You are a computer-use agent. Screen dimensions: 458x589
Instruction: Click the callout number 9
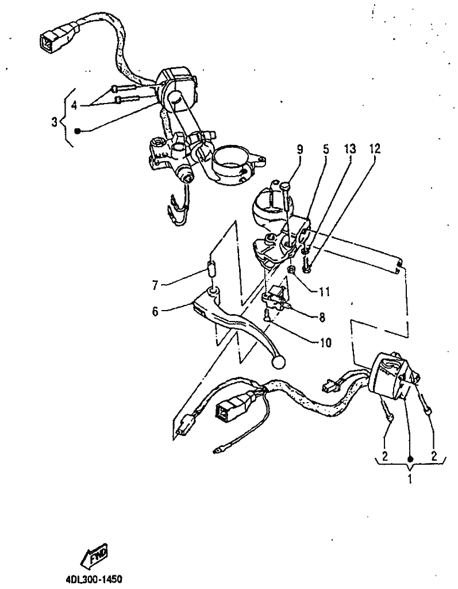(300, 150)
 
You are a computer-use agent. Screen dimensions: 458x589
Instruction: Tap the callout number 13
(350, 149)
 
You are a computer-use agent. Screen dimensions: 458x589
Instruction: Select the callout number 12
(375, 149)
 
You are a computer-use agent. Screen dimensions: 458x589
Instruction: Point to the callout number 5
(326, 149)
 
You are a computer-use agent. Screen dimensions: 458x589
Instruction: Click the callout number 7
(155, 285)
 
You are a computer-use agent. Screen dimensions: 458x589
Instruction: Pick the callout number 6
(155, 312)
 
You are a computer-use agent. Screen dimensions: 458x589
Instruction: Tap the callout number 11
(324, 292)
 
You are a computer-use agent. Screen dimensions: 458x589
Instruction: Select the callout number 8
(322, 318)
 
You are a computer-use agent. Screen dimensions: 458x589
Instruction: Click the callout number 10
(326, 343)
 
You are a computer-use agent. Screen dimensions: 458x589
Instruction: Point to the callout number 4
(74, 106)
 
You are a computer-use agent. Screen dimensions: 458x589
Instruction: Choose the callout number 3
(55, 122)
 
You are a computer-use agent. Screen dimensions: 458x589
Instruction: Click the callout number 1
(410, 480)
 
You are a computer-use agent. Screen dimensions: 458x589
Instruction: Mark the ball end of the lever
(279, 362)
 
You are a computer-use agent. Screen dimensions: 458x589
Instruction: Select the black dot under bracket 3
(78, 131)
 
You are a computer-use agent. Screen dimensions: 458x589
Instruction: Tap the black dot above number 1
(410, 459)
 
